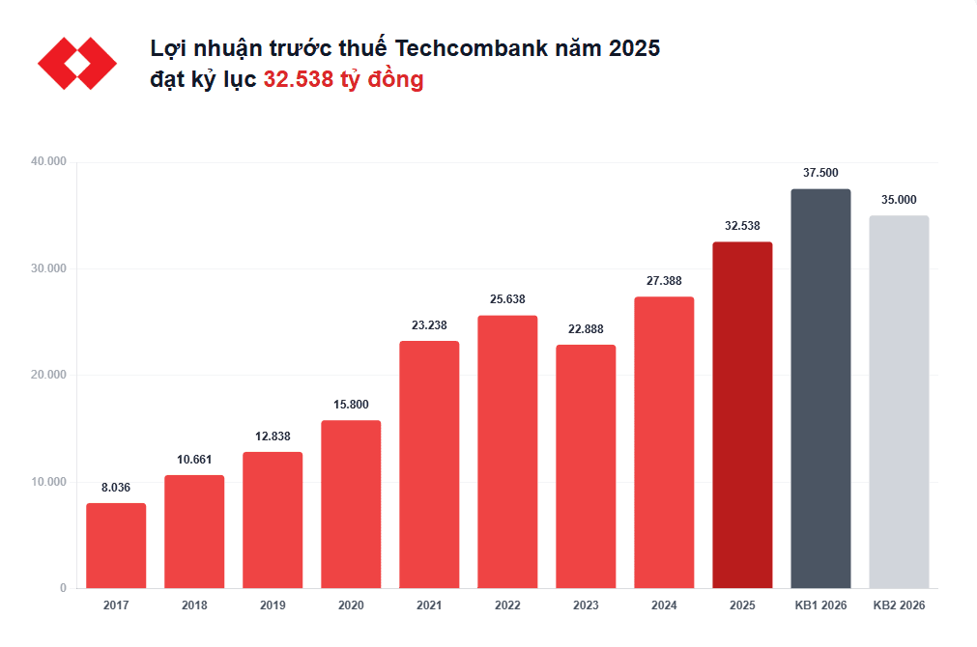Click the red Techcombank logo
(x=77, y=64)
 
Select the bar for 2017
(x=116, y=546)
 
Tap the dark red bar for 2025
(x=742, y=415)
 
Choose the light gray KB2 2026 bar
(x=899, y=402)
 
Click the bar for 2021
(x=429, y=464)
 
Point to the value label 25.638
(x=507, y=299)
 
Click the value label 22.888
(x=586, y=329)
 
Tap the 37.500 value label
(x=820, y=173)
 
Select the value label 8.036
(x=116, y=488)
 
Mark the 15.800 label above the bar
(x=351, y=405)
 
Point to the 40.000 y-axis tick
(x=48, y=161)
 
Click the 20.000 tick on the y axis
(x=48, y=375)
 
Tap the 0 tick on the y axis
(x=63, y=588)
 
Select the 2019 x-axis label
(x=273, y=605)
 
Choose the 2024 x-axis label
(x=664, y=605)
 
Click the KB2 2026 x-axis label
(x=899, y=605)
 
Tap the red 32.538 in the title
(x=297, y=80)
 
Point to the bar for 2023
(x=586, y=466)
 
